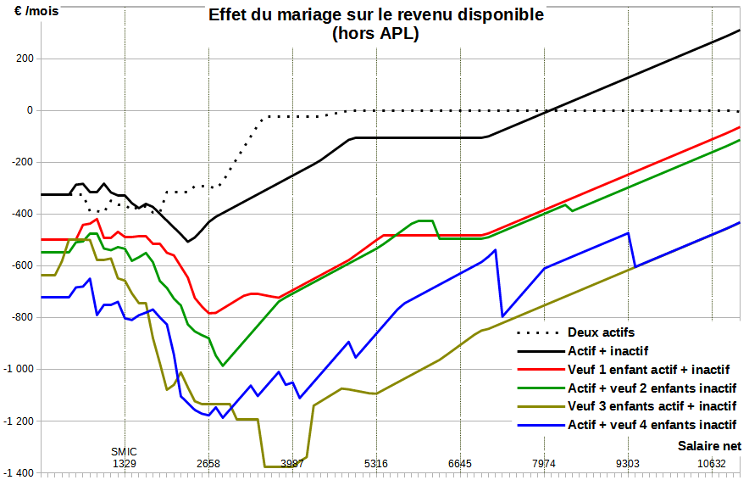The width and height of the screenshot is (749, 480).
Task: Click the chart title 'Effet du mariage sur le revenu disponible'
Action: click(376, 14)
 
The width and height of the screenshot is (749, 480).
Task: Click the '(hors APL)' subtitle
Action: click(376, 34)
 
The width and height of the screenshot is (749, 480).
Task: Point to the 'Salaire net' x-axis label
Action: click(710, 445)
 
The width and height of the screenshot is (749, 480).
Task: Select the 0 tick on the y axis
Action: click(30, 110)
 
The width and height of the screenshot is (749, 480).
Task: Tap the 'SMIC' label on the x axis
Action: click(125, 451)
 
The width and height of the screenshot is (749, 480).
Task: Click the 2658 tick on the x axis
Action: click(208, 463)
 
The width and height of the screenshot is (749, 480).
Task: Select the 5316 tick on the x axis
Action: click(376, 463)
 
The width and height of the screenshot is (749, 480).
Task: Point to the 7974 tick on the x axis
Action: click(544, 463)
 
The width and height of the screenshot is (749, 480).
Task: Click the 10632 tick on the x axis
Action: click(712, 463)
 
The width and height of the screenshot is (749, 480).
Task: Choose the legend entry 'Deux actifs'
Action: click(601, 332)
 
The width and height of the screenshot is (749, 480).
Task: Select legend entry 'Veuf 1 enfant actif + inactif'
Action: click(648, 369)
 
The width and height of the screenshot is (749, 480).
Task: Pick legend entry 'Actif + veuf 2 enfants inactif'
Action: click(652, 388)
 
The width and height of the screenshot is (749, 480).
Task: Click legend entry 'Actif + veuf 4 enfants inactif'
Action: click(652, 424)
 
